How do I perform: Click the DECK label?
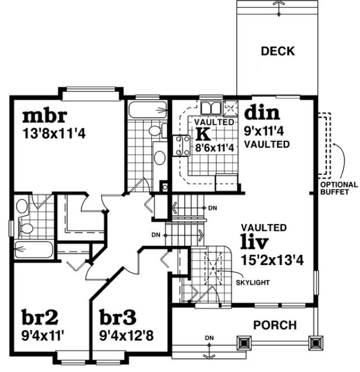click(x=277, y=52)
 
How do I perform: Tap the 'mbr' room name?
click(x=45, y=116)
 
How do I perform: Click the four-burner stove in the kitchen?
click(x=183, y=146)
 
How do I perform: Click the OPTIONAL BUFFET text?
click(x=339, y=188)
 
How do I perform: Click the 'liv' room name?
click(x=254, y=243)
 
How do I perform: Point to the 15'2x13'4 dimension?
click(x=272, y=260)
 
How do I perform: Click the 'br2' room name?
click(x=40, y=317)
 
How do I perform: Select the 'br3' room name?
click(x=118, y=317)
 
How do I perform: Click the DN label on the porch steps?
click(x=209, y=338)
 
